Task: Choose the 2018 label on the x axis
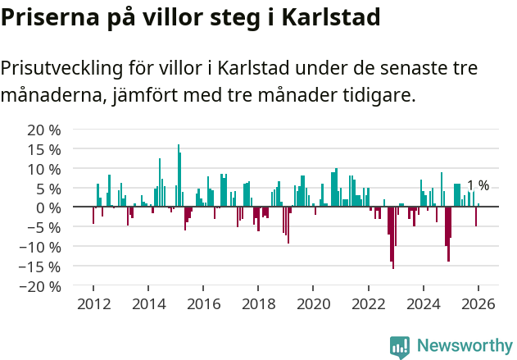(258, 303)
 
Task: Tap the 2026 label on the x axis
(478, 303)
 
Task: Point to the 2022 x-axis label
(368, 303)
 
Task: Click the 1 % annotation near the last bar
(478, 185)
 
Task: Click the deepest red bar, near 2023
(393, 238)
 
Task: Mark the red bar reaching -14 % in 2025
(448, 234)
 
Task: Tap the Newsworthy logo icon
(400, 347)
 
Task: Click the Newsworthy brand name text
(464, 346)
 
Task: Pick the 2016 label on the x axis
(203, 303)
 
